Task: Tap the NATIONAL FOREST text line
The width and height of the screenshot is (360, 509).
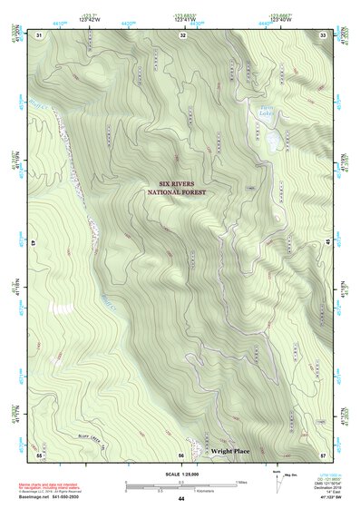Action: pyautogui.click(x=178, y=192)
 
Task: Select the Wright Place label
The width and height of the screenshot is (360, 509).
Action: pyautogui.click(x=229, y=450)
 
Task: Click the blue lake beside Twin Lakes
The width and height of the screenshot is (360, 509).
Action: pyautogui.click(x=272, y=141)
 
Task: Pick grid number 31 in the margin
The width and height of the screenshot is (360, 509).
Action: pyautogui.click(x=39, y=35)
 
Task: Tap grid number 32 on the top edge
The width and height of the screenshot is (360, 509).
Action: pyautogui.click(x=182, y=35)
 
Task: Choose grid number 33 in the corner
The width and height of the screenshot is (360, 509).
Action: pyautogui.click(x=324, y=35)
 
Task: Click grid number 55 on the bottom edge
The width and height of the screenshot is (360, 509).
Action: pyautogui.click(x=40, y=454)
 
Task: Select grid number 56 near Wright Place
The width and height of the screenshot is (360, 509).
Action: pyautogui.click(x=181, y=454)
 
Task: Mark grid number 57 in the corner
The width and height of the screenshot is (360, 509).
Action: pyautogui.click(x=324, y=454)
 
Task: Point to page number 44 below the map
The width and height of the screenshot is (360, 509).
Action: pyautogui.click(x=181, y=499)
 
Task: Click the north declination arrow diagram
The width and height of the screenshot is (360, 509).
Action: pyautogui.click(x=277, y=481)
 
